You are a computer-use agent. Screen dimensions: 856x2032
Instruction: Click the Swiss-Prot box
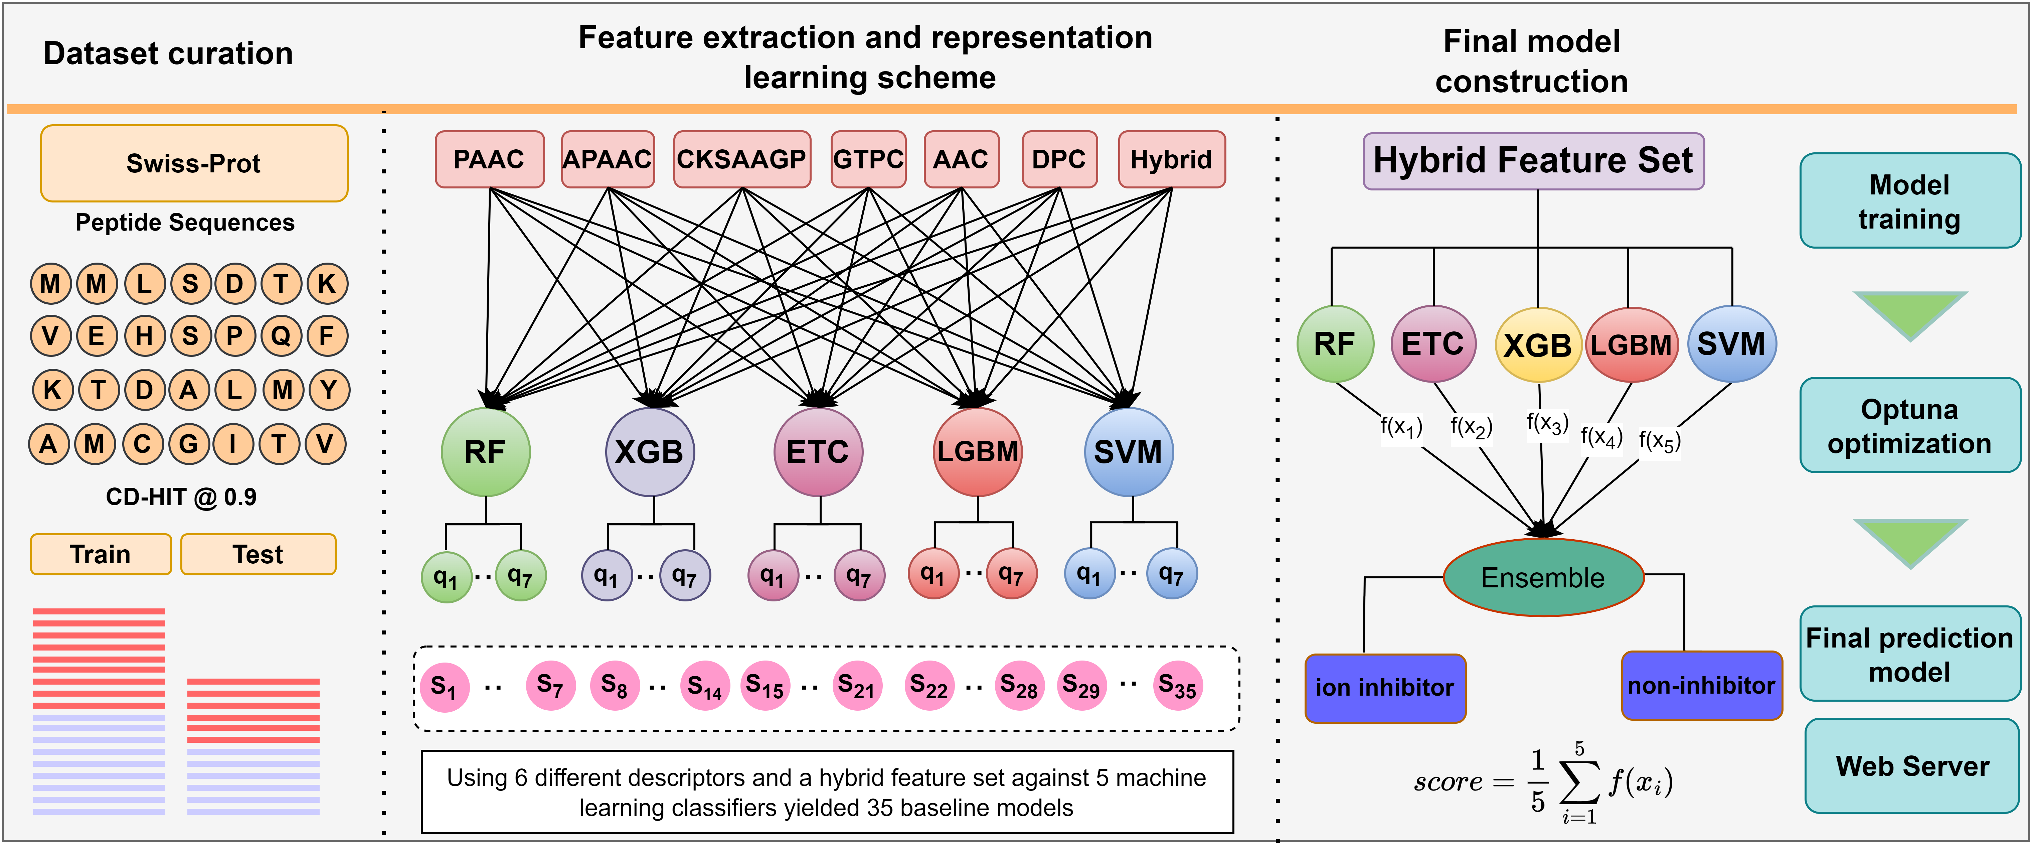pyautogui.click(x=194, y=163)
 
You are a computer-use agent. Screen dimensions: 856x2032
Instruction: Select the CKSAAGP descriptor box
pyautogui.click(x=741, y=159)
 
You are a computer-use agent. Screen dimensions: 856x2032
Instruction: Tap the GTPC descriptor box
pyautogui.click(x=868, y=159)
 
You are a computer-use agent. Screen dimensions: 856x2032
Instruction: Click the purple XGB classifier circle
pyautogui.click(x=649, y=452)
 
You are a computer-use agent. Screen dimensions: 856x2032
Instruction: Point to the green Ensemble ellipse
pyautogui.click(x=1543, y=577)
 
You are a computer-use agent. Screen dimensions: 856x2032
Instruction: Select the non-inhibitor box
pyautogui.click(x=1701, y=686)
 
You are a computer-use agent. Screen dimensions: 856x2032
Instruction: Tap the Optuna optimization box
pyautogui.click(x=1909, y=426)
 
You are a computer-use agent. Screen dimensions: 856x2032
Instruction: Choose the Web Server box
pyautogui.click(x=1912, y=766)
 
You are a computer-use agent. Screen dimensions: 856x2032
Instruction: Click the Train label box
pyautogui.click(x=100, y=555)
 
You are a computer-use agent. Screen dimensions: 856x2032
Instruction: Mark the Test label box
pyautogui.click(x=258, y=555)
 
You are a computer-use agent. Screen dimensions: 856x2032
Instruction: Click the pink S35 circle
pyautogui.click(x=1178, y=686)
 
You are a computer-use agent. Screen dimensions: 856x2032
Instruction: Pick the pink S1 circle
pyautogui.click(x=444, y=686)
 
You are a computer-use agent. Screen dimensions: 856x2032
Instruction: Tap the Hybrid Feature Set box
pyautogui.click(x=1533, y=161)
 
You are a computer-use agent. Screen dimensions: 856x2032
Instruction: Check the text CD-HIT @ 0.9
pyautogui.click(x=181, y=497)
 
